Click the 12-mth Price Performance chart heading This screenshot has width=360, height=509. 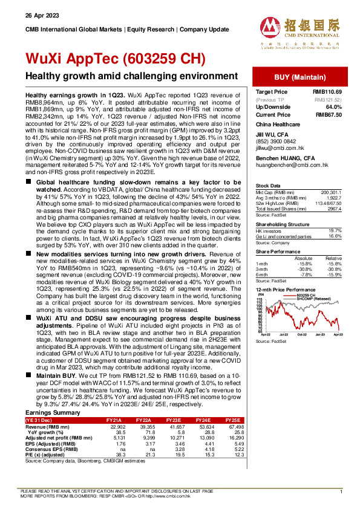pos(286,291)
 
